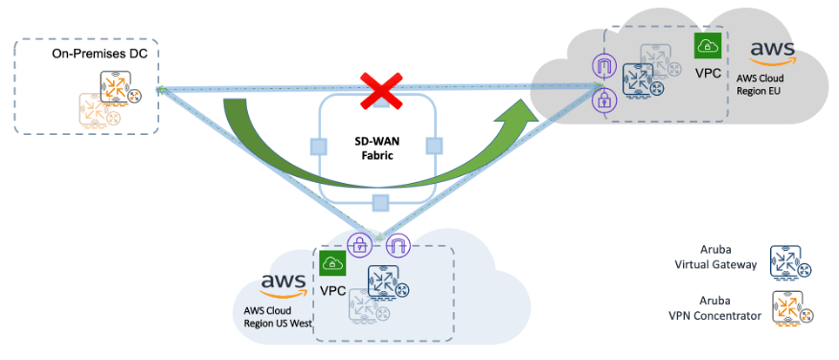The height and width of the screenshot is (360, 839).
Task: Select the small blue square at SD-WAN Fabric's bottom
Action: click(x=380, y=202)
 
